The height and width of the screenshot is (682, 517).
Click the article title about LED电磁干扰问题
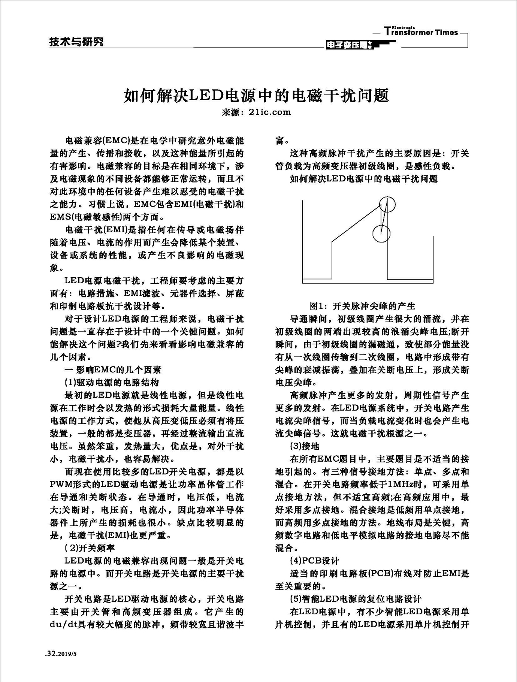256,96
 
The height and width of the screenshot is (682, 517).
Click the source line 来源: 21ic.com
256,112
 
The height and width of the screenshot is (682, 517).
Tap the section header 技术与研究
76,42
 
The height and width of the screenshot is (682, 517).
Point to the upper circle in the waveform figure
387,204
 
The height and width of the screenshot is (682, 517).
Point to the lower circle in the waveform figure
381,233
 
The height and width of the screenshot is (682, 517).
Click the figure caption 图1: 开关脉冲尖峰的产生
362,306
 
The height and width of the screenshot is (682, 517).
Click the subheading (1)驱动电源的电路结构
112,383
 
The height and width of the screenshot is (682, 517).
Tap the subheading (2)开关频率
90,548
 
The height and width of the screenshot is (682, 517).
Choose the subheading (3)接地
305,446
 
